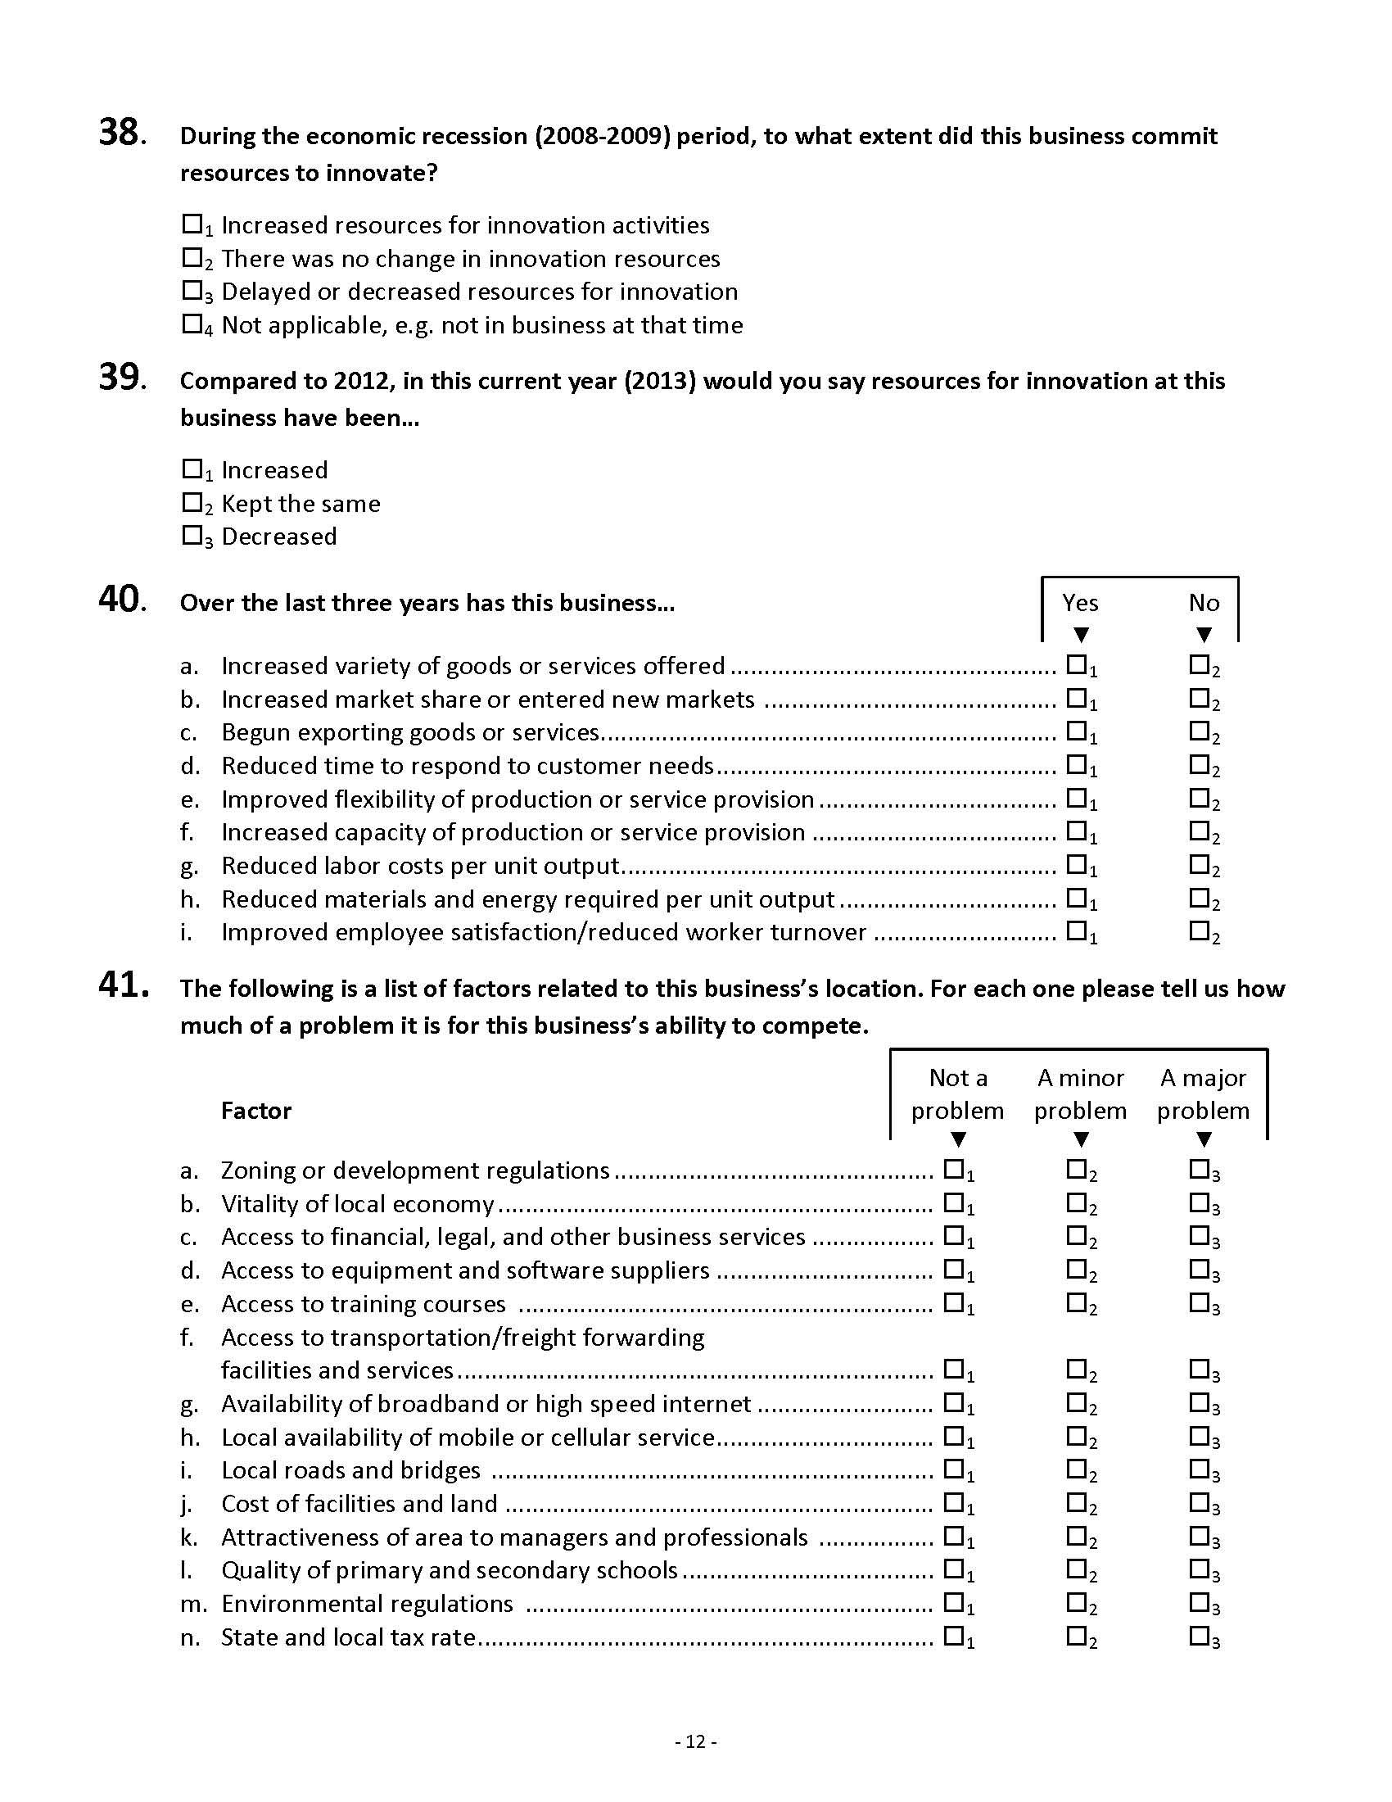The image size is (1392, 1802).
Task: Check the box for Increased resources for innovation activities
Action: tap(192, 224)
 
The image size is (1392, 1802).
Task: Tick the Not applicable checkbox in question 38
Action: tap(192, 324)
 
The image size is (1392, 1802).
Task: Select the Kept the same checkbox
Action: tap(192, 501)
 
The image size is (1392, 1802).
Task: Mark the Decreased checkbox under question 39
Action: tap(192, 536)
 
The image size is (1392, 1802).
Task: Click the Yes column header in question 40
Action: tap(1079, 603)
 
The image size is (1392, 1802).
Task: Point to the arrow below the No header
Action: tap(1203, 635)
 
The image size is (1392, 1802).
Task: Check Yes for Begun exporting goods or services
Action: tap(1076, 731)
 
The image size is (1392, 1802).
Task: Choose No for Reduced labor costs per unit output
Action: tap(1199, 864)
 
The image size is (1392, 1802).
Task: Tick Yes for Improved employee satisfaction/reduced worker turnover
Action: tap(1076, 930)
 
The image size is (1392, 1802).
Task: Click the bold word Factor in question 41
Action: tap(255, 1111)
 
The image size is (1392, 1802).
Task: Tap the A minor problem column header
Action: tap(1080, 1094)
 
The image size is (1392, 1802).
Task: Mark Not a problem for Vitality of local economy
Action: tap(953, 1202)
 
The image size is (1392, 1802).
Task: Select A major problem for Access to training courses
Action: tap(1199, 1302)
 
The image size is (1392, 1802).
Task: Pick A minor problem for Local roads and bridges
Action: tap(1076, 1469)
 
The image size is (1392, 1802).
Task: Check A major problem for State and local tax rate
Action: tap(1199, 1636)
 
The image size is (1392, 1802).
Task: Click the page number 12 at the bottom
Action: tap(696, 1741)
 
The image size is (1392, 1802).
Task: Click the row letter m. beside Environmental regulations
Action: tap(193, 1604)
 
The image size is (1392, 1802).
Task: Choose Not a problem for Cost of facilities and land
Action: tap(953, 1501)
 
